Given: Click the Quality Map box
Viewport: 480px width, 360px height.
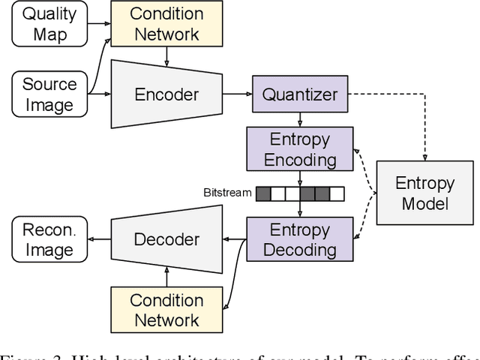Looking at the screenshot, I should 49,24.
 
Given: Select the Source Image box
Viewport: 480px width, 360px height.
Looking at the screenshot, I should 49,94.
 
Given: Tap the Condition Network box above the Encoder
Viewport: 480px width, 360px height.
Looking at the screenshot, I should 166,24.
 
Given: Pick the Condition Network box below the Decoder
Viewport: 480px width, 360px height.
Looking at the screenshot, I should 166,310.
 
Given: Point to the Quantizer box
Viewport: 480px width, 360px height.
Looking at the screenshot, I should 299,94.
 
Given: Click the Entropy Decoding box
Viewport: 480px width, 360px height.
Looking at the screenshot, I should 299,239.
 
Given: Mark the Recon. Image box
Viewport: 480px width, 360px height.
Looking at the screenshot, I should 49,239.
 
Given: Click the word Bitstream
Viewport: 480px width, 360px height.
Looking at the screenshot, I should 227,193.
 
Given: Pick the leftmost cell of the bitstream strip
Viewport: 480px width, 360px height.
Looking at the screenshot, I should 263,193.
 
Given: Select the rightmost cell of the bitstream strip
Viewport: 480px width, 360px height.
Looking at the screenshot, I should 337,193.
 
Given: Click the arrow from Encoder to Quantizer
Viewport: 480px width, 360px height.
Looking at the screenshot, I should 239,94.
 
